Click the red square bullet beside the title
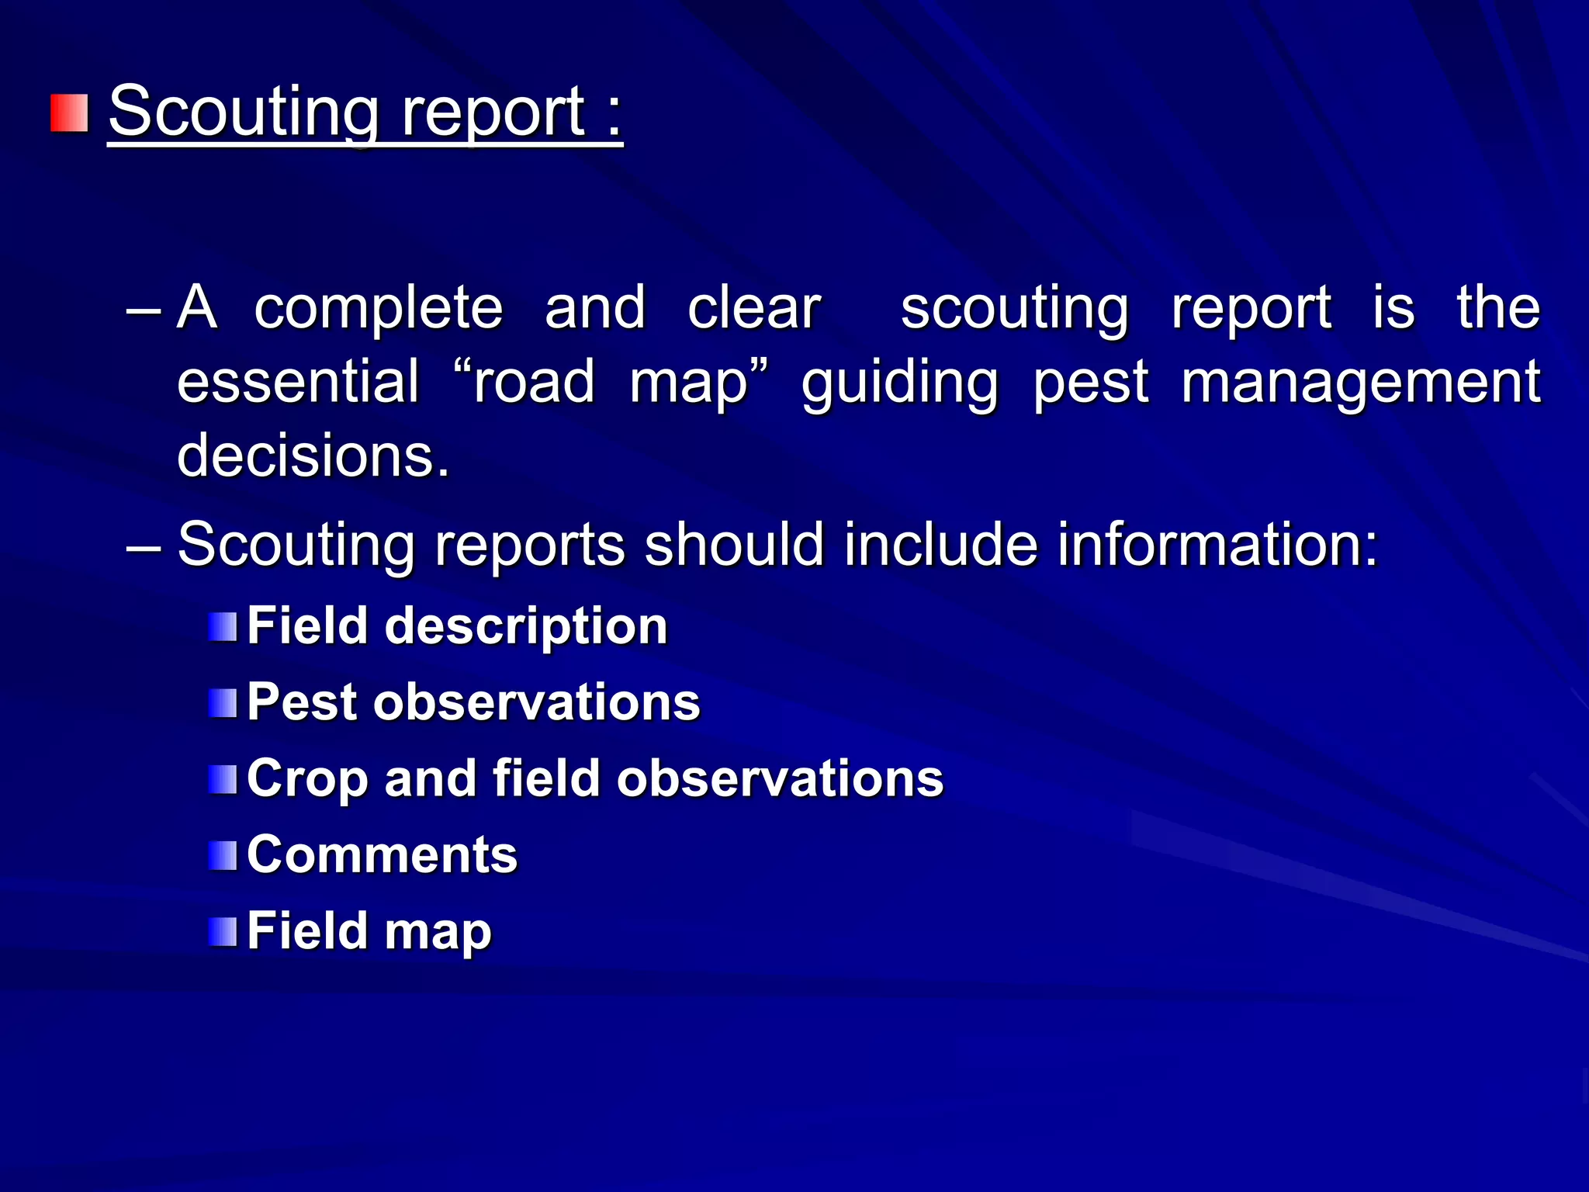(x=70, y=113)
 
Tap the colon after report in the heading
(x=614, y=116)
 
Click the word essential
(x=298, y=382)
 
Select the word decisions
(x=313, y=456)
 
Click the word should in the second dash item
(x=734, y=544)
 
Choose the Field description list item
(x=457, y=625)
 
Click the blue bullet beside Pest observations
(x=223, y=703)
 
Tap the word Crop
(x=306, y=778)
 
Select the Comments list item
(x=382, y=854)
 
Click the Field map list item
(x=369, y=930)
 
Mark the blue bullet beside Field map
(x=223, y=931)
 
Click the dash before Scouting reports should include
(x=144, y=546)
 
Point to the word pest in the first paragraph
(x=1090, y=382)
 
